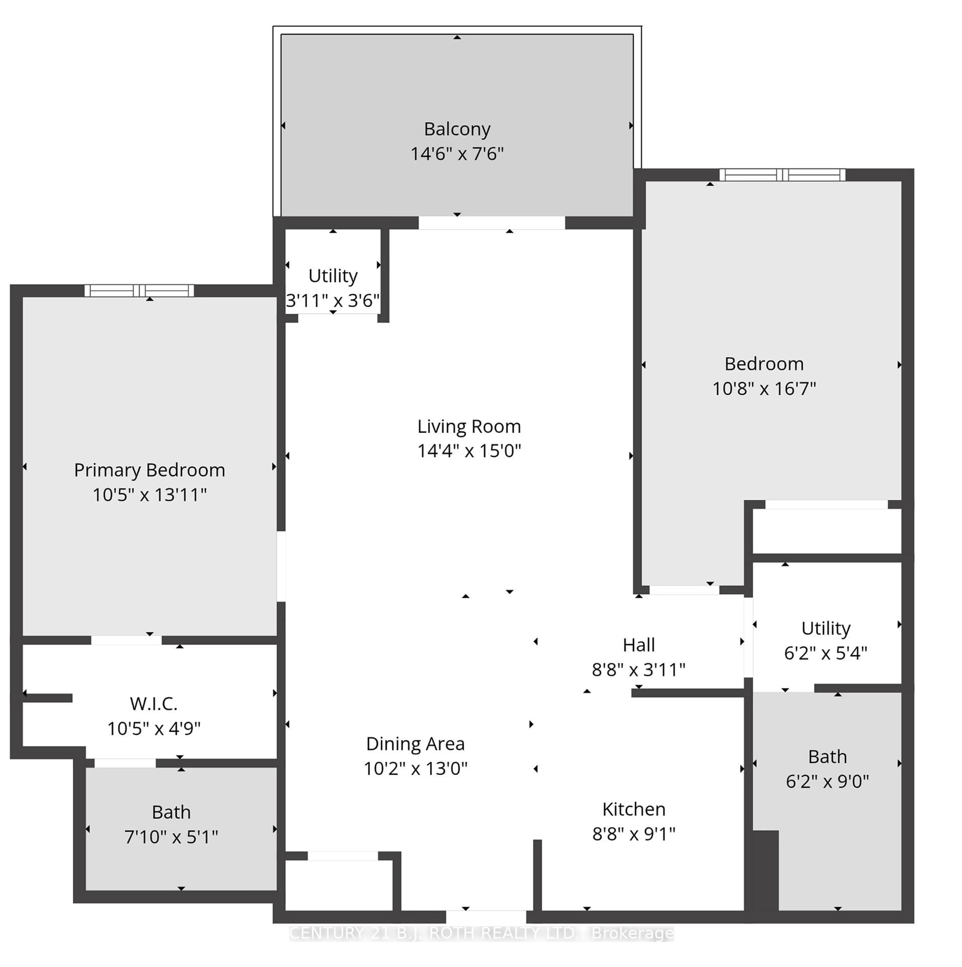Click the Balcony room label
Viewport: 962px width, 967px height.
[x=457, y=129]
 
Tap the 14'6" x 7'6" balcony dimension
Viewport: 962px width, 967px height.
[x=457, y=154]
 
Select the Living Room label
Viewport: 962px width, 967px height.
[x=469, y=426]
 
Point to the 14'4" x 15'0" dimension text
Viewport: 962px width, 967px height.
[x=469, y=451]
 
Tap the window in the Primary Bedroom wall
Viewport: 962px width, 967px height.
[x=139, y=290]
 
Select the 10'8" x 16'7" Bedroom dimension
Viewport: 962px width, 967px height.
[x=764, y=389]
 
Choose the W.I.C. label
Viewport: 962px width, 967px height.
[x=154, y=704]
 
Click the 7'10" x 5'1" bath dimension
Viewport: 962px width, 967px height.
[x=171, y=837]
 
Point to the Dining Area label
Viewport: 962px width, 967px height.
[x=415, y=744]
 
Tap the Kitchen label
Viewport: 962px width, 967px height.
[x=634, y=809]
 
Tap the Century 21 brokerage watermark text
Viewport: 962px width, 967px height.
[x=482, y=933]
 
